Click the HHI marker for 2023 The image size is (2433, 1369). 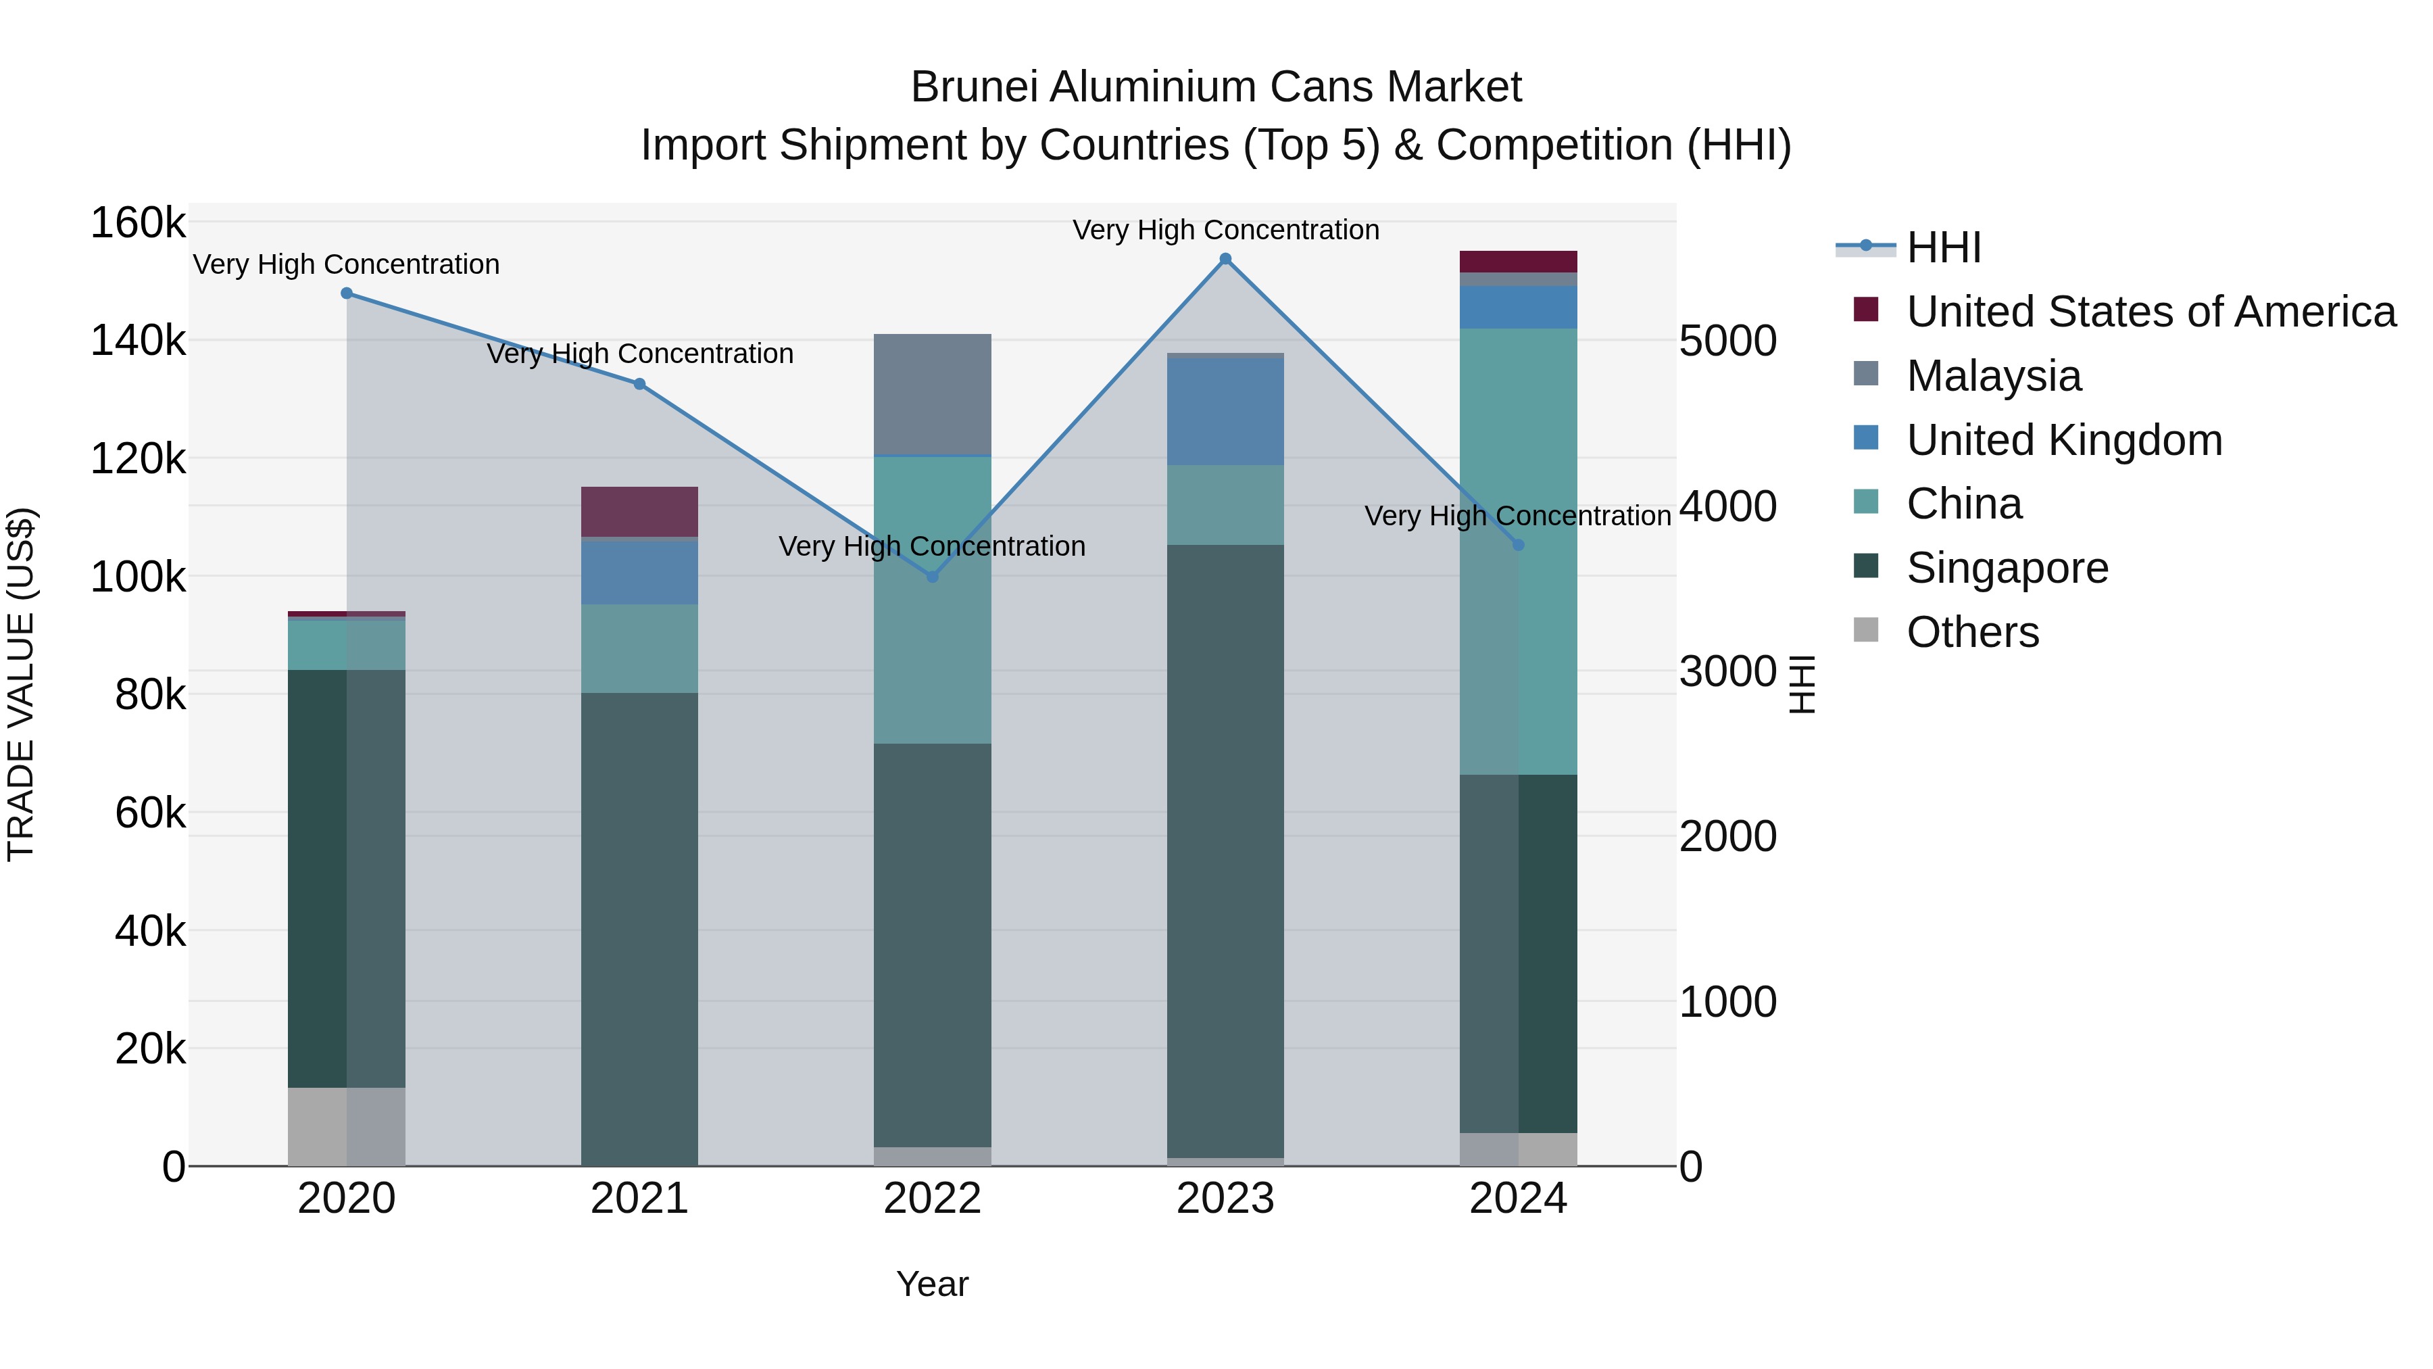pyautogui.click(x=1225, y=259)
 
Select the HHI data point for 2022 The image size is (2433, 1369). pyautogui.click(x=932, y=576)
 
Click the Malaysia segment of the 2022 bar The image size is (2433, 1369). pyautogui.click(x=932, y=395)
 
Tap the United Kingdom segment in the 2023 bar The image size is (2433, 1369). pyautogui.click(x=1225, y=411)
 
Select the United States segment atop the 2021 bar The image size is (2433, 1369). pyautogui.click(x=639, y=512)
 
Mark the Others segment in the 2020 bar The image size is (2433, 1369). pyautogui.click(x=347, y=1126)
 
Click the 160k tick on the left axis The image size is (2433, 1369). pyautogui.click(x=138, y=224)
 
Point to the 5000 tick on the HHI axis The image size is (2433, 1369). pyautogui.click(x=1727, y=341)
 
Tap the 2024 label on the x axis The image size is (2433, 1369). pyautogui.click(x=1518, y=1199)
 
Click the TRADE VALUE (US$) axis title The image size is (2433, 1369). pyautogui.click(x=21, y=684)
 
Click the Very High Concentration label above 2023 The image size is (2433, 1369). pyautogui.click(x=1225, y=230)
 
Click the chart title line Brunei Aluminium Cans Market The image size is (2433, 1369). pyautogui.click(x=1216, y=87)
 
